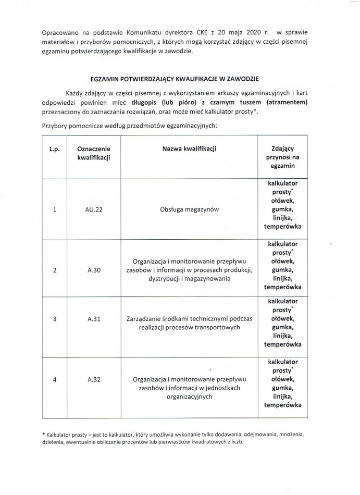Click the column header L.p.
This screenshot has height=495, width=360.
(55, 148)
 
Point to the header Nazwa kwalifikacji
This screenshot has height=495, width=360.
(190, 148)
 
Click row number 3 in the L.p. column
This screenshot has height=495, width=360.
(55, 319)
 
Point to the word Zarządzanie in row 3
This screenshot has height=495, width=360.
(144, 319)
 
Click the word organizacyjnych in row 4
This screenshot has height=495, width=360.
(190, 397)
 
